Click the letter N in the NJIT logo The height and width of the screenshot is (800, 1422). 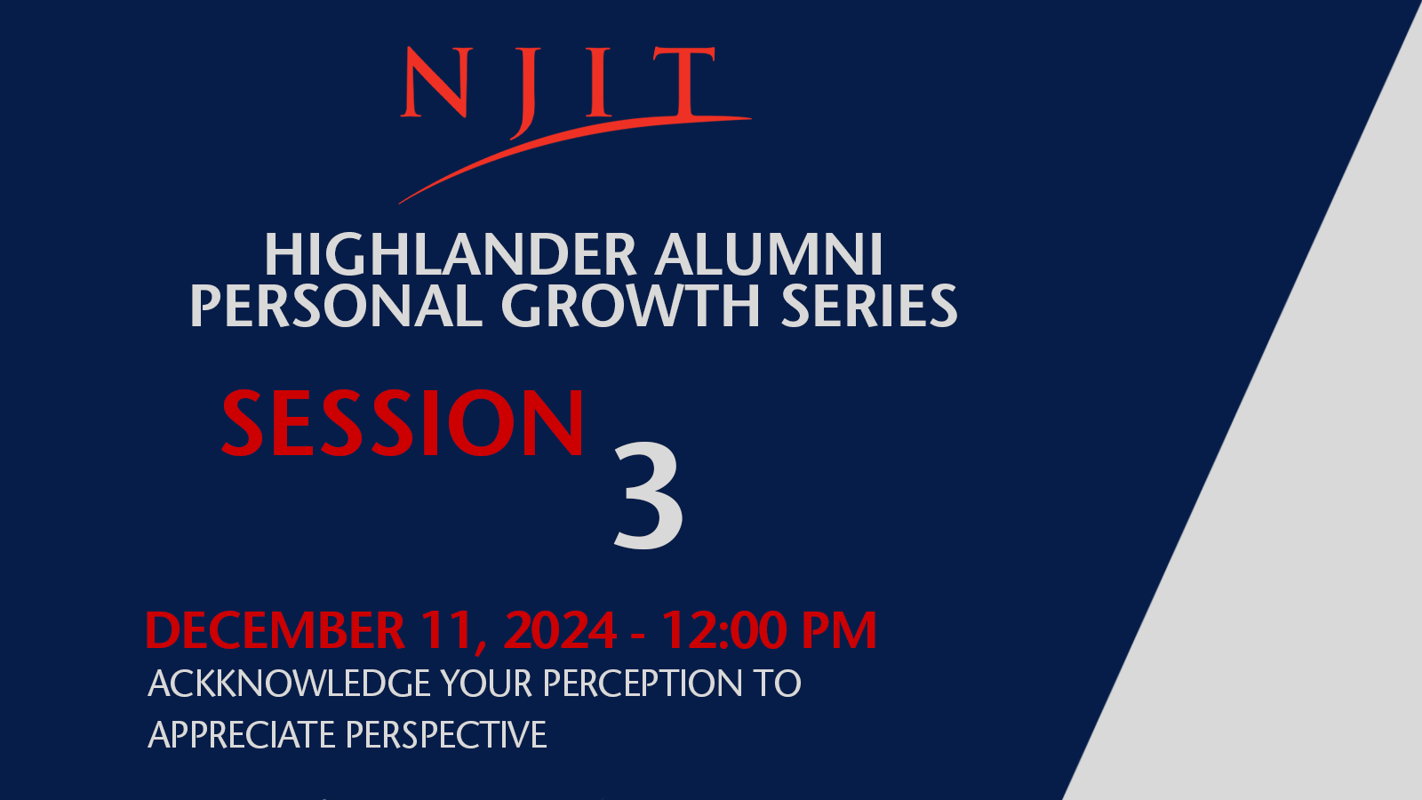(x=436, y=82)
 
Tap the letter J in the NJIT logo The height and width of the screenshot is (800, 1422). (x=524, y=93)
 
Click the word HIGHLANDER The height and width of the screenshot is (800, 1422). (x=450, y=254)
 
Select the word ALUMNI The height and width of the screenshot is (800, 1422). (x=769, y=254)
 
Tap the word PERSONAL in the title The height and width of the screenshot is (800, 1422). (x=337, y=306)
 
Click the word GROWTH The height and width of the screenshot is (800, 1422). (x=630, y=306)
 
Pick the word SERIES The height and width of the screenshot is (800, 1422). (x=868, y=306)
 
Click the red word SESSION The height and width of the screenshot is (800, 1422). (x=403, y=422)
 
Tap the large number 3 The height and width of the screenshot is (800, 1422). (x=648, y=494)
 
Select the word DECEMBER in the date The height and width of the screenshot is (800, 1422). (x=275, y=630)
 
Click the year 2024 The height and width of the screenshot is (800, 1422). (x=560, y=630)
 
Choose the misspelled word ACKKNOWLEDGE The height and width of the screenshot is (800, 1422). (x=289, y=684)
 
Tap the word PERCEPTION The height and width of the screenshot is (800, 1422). (x=643, y=684)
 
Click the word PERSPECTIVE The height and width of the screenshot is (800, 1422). (x=446, y=734)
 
